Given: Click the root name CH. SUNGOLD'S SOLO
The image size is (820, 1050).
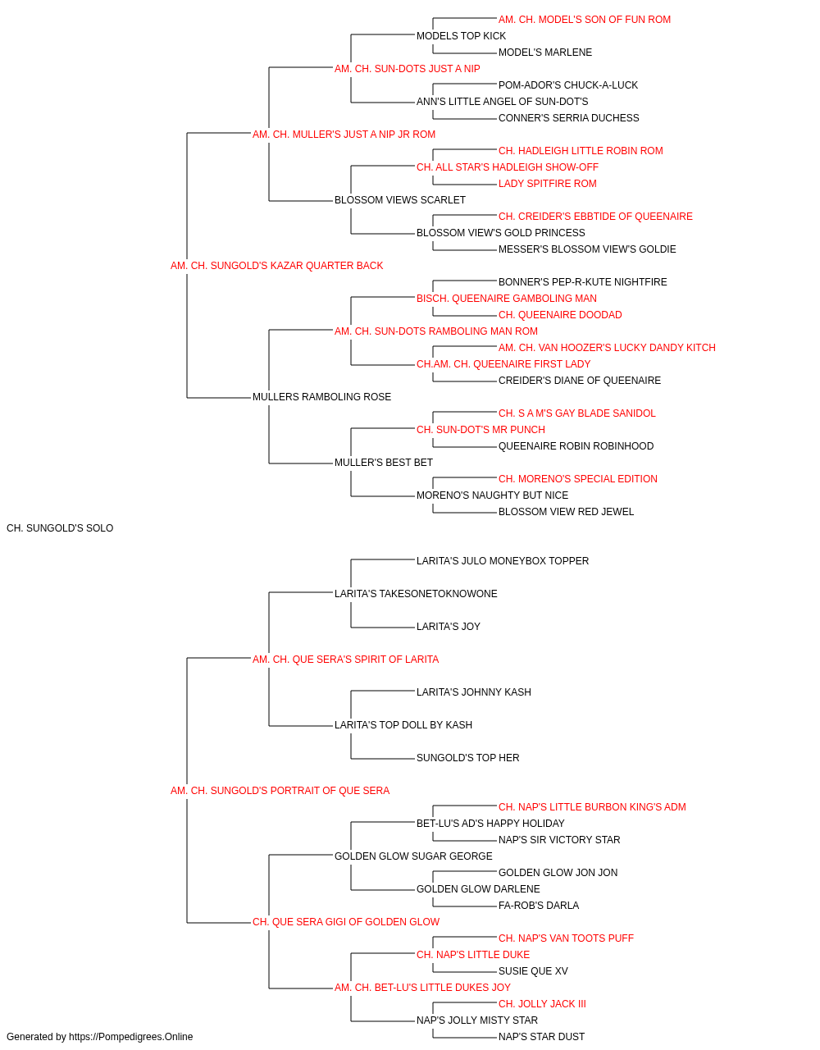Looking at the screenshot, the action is [x=60, y=528].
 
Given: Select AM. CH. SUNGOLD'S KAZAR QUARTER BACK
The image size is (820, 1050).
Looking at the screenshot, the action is [x=276, y=266].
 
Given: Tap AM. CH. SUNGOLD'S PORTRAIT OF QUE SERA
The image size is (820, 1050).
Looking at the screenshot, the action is [x=280, y=791].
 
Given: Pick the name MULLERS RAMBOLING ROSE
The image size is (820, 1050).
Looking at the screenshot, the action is [x=321, y=397].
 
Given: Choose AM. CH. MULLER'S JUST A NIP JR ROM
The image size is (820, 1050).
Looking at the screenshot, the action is [x=344, y=135].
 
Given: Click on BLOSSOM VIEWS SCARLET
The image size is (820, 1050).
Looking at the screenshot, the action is [x=400, y=200].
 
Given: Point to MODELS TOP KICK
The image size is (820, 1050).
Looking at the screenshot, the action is [x=461, y=36].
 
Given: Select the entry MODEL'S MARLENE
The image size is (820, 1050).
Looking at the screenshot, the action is [x=545, y=52].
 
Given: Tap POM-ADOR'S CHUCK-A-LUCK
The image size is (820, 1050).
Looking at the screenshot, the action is [x=568, y=85].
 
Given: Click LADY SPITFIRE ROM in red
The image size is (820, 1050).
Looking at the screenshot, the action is [x=548, y=184].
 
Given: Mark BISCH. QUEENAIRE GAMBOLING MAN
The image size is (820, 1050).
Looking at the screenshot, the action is [x=507, y=299].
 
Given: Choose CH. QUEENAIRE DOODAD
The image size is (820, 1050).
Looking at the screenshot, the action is [x=560, y=315].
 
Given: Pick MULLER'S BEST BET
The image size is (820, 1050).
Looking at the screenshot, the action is [x=384, y=463].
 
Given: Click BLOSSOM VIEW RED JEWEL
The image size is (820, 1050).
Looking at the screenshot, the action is [x=566, y=512].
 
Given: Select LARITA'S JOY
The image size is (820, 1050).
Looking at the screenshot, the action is [x=449, y=627].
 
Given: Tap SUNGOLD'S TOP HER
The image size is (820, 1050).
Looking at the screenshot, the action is [x=468, y=758].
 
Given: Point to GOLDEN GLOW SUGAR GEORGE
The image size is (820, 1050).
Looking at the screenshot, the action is [x=413, y=856].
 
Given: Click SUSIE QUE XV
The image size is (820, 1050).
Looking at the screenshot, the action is [x=533, y=971].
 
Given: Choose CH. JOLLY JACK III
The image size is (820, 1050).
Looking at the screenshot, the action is [x=542, y=1004].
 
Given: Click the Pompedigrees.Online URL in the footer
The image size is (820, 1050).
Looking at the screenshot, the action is [x=130, y=1037].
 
